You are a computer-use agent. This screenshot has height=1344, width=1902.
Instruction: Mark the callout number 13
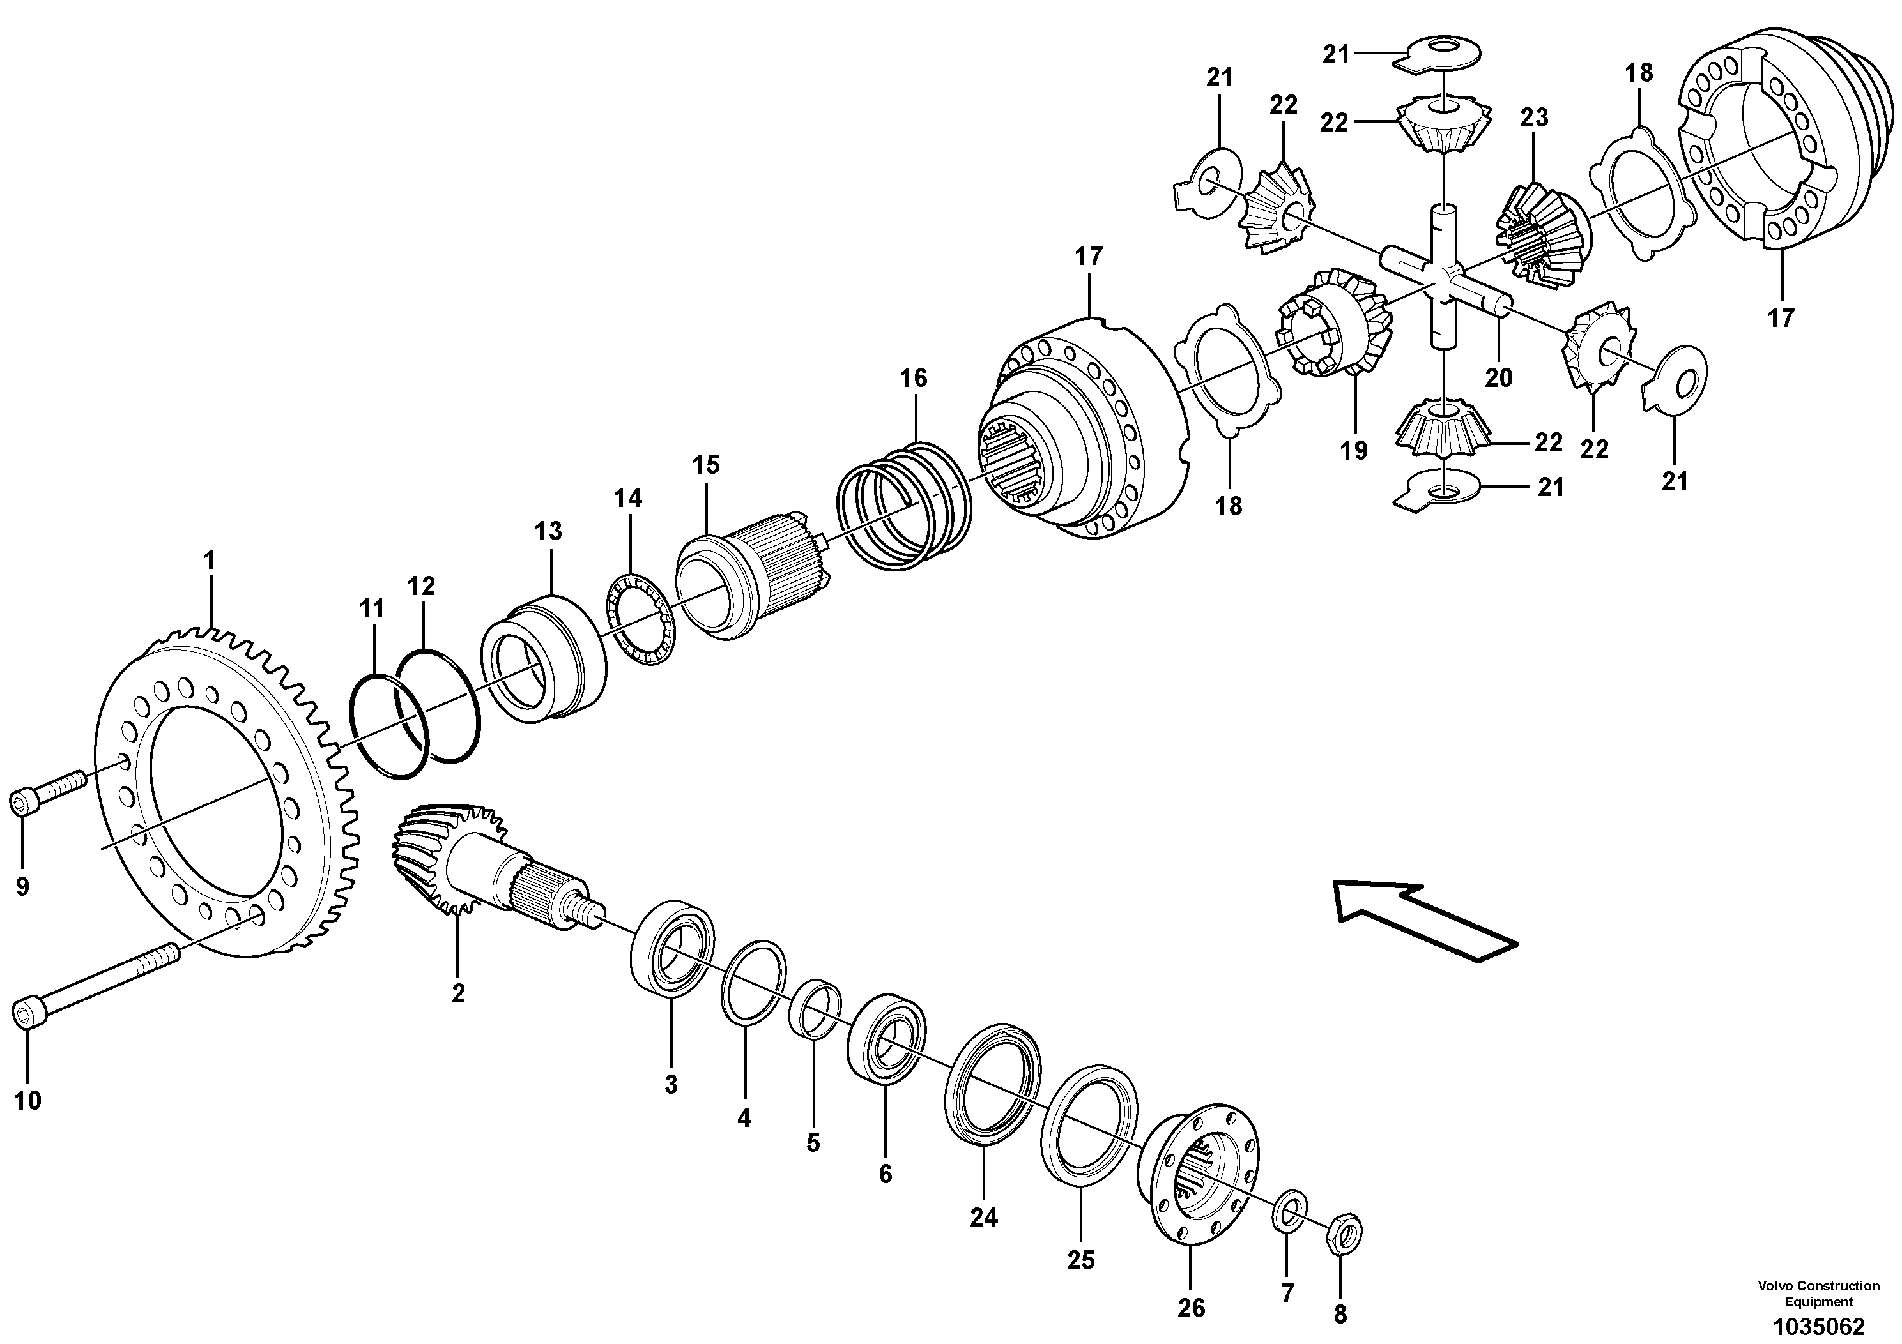pos(548,531)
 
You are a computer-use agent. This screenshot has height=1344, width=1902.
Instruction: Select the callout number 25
pos(1080,1260)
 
